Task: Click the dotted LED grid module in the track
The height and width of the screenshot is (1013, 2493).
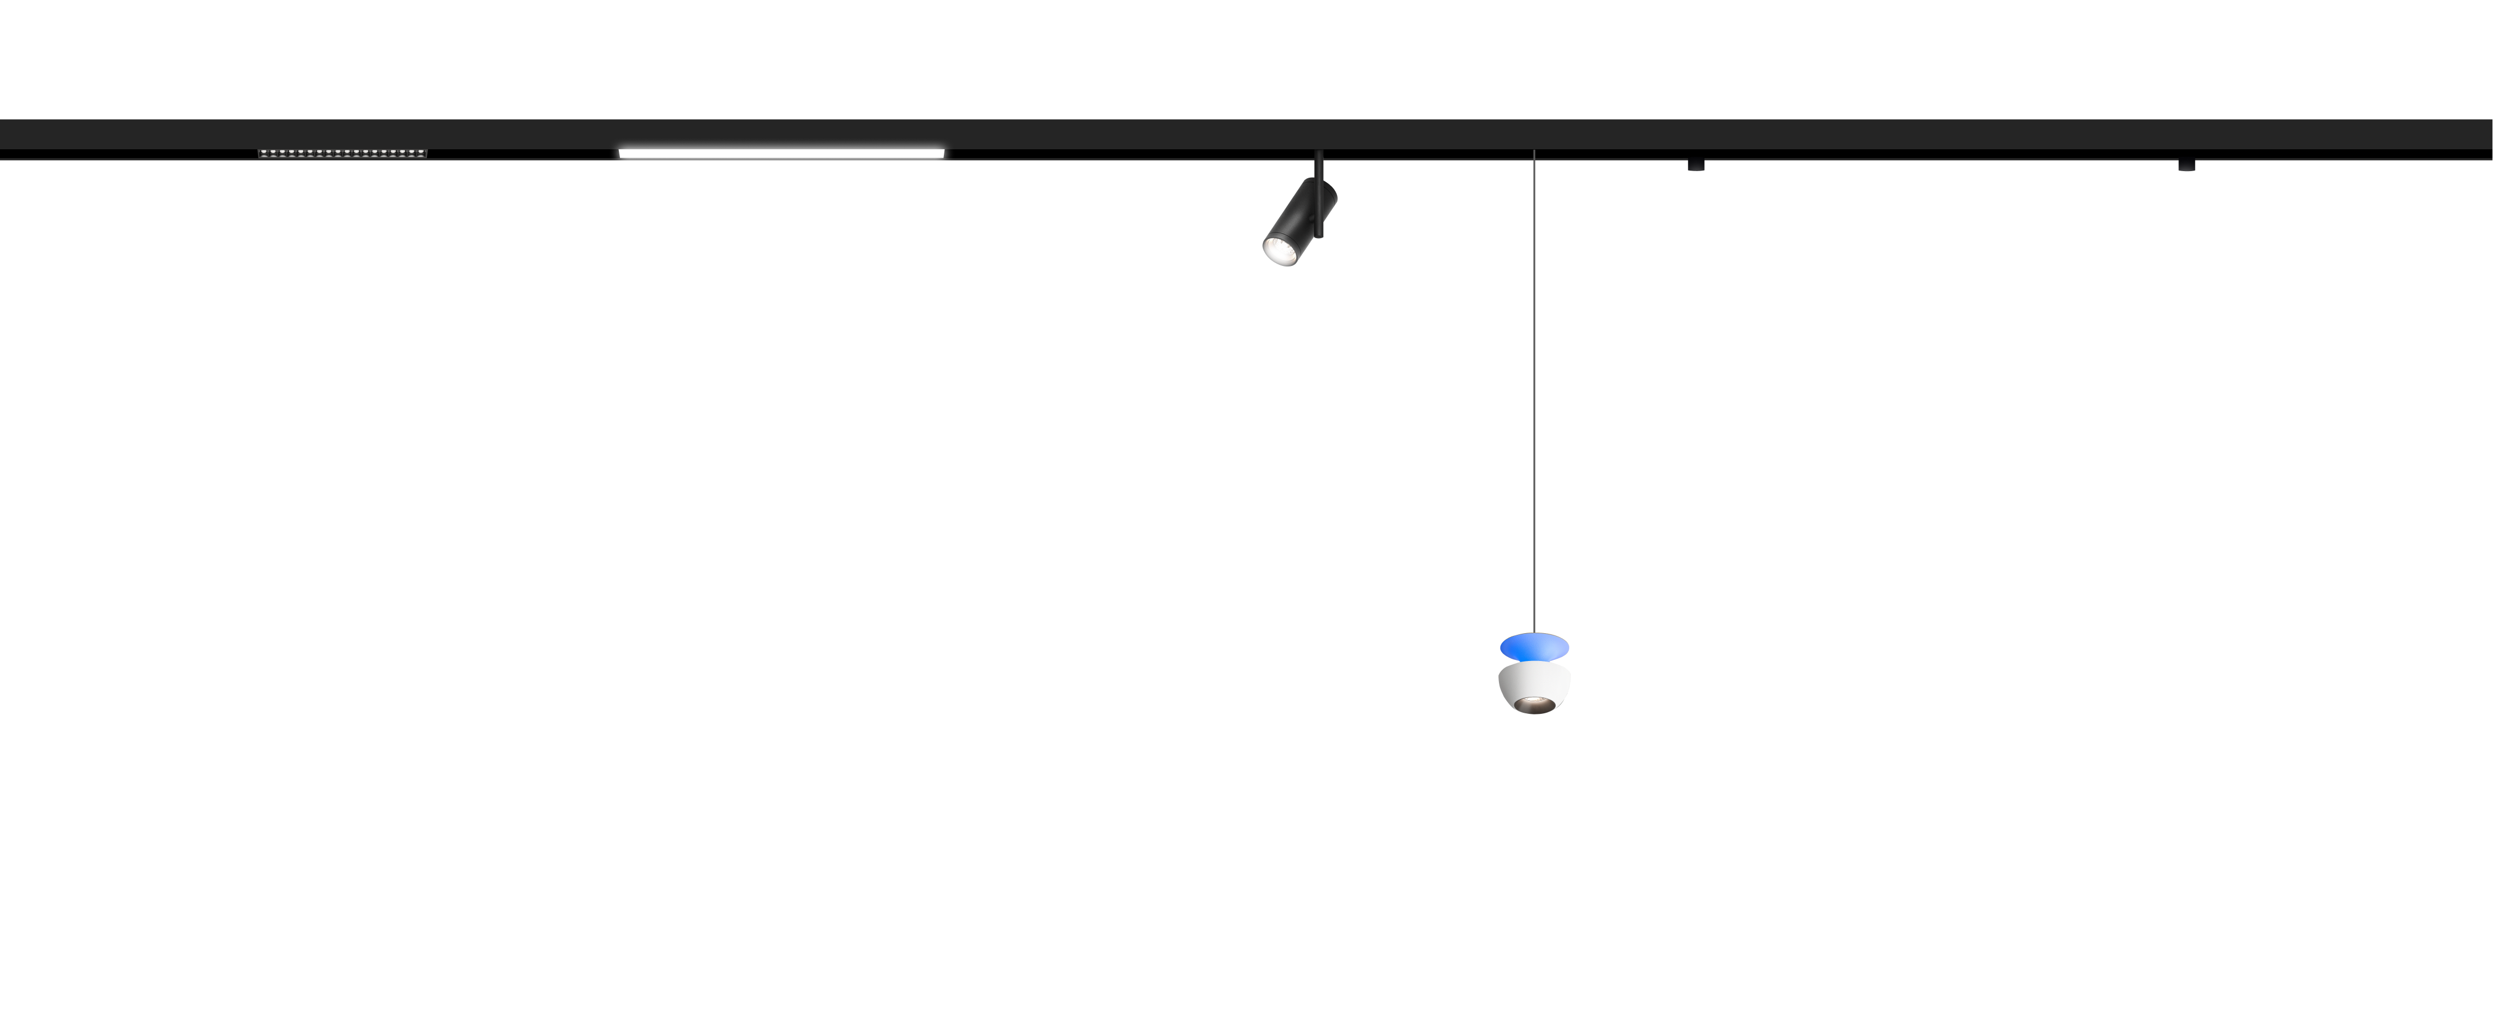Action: pyautogui.click(x=342, y=153)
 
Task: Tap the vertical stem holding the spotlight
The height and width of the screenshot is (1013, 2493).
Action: pyautogui.click(x=1318, y=166)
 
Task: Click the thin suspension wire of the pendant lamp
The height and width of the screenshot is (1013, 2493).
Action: pyautogui.click(x=1534, y=387)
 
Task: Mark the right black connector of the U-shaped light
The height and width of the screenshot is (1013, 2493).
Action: pyautogui.click(x=2186, y=166)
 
